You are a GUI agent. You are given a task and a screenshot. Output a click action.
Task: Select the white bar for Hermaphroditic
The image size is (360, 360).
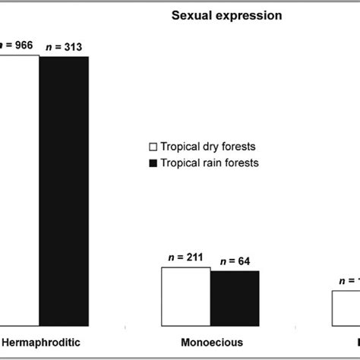19,190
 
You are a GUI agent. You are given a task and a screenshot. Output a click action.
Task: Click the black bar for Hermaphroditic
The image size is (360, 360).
64,191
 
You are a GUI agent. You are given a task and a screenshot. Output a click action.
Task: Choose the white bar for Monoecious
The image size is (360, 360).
186,296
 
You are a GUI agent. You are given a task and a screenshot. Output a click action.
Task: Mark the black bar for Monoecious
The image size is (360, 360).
235,298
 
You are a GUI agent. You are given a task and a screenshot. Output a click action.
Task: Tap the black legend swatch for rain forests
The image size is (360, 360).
152,163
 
